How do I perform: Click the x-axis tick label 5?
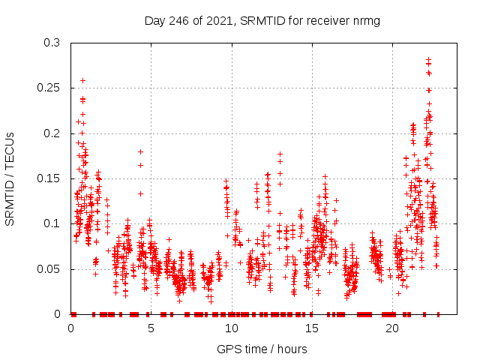(151, 328)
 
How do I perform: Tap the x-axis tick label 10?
(231, 328)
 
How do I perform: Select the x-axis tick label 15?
(311, 328)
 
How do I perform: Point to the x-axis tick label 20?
(391, 328)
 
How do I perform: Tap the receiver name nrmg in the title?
(367, 20)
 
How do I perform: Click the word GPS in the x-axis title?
(228, 349)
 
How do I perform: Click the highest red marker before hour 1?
(82, 80)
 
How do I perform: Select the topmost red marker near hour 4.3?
(140, 151)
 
